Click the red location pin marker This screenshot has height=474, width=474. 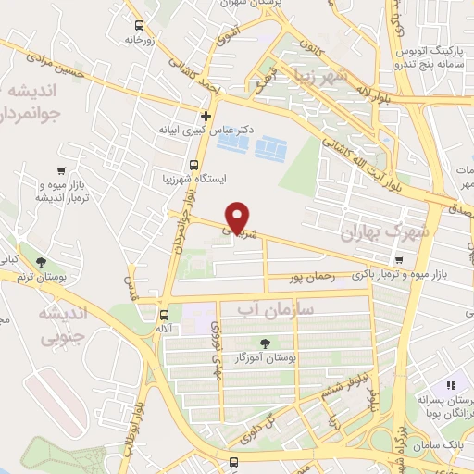coord(238,218)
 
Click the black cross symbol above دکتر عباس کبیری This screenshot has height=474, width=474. coord(206,116)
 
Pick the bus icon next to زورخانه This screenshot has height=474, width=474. coord(139,26)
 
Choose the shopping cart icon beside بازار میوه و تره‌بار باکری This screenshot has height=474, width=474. coord(399,260)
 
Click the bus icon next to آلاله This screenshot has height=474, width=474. coord(164,315)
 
